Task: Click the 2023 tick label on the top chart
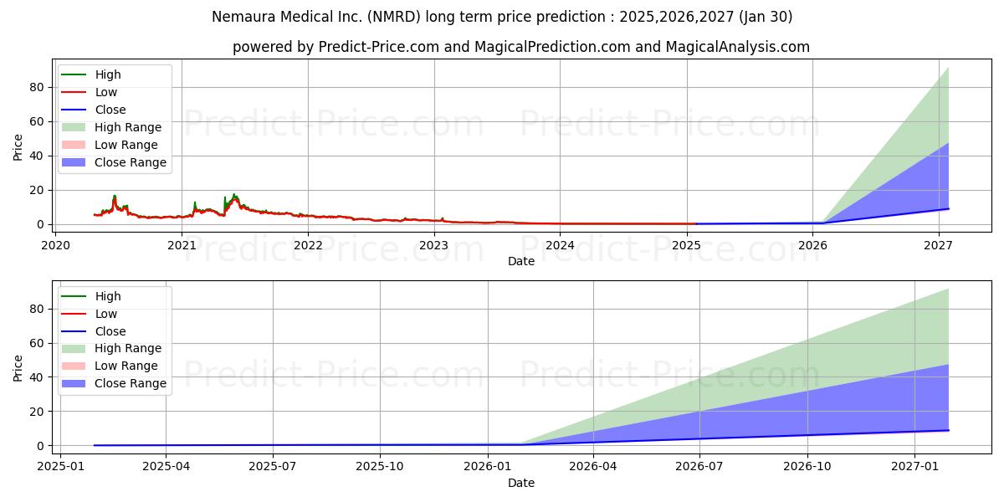coord(433,245)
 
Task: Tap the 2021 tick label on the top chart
coord(182,245)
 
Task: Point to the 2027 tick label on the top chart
coord(938,245)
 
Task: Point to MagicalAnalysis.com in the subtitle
coord(737,47)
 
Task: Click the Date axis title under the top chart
coord(521,261)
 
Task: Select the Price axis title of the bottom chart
coord(18,367)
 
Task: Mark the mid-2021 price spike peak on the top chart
coord(234,195)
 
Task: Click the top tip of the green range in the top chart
coord(948,68)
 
